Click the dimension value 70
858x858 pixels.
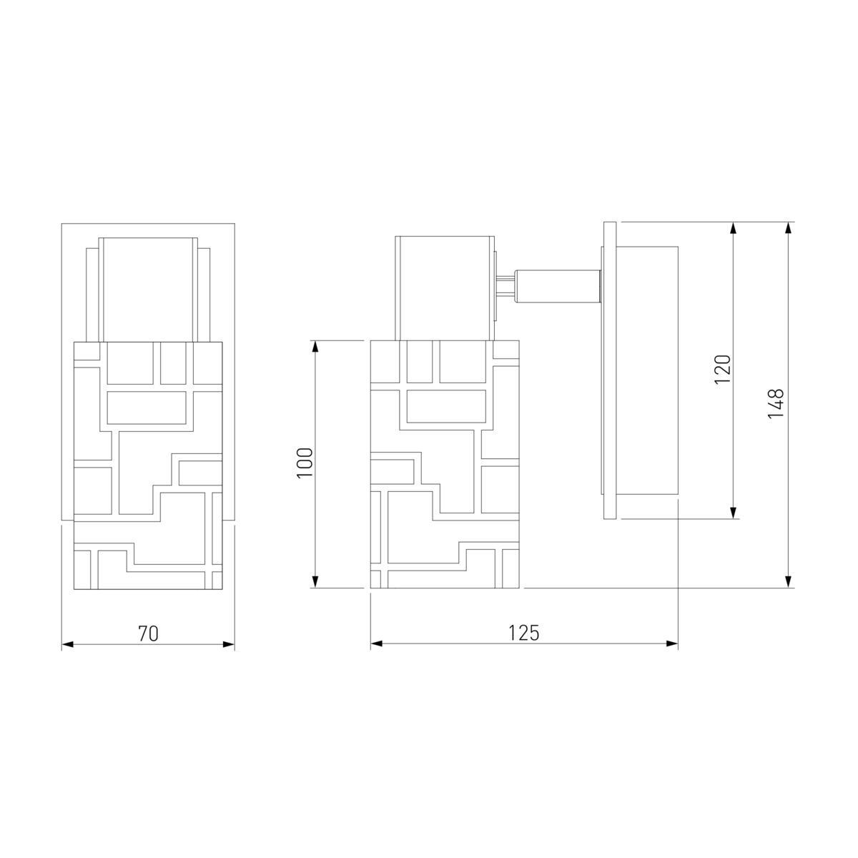click(x=148, y=633)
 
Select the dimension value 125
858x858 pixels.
click(x=523, y=633)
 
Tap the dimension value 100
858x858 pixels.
click(x=305, y=463)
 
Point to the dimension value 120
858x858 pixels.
click(x=723, y=370)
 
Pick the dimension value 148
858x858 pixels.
click(x=776, y=404)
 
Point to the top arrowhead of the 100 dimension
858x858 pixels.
click(x=315, y=347)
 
